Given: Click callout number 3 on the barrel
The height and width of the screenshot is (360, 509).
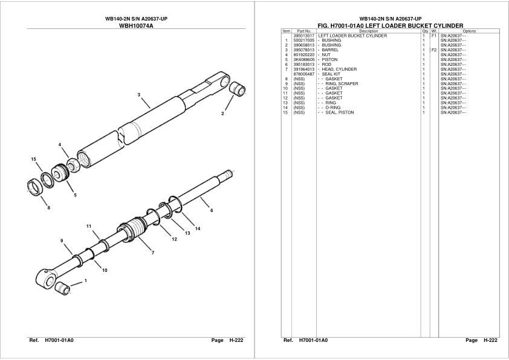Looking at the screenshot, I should click(x=138, y=95).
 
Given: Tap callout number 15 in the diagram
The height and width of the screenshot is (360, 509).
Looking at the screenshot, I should click(x=34, y=159).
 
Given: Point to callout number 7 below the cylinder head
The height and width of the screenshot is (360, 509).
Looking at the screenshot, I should click(x=152, y=252).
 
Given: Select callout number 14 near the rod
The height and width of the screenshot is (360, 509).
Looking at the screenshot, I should click(x=198, y=228).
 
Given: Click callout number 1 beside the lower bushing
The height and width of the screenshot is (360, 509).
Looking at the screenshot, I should click(x=85, y=280).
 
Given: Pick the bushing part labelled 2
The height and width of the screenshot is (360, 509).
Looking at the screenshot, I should click(x=239, y=89).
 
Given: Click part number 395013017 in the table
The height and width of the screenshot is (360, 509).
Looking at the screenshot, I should click(x=304, y=36).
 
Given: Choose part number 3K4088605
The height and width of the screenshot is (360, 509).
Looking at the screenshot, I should click(x=304, y=60).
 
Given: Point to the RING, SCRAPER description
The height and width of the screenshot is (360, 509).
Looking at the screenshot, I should click(x=342, y=84).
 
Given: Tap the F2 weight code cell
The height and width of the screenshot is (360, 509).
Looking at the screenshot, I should click(x=433, y=50).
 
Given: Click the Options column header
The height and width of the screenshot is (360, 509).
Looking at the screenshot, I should click(x=468, y=31).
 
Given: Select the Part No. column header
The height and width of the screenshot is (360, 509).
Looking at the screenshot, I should click(x=304, y=31).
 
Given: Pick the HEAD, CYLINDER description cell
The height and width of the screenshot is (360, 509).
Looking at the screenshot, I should click(x=339, y=69).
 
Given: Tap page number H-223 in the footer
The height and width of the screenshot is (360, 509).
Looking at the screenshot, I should click(x=490, y=341).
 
